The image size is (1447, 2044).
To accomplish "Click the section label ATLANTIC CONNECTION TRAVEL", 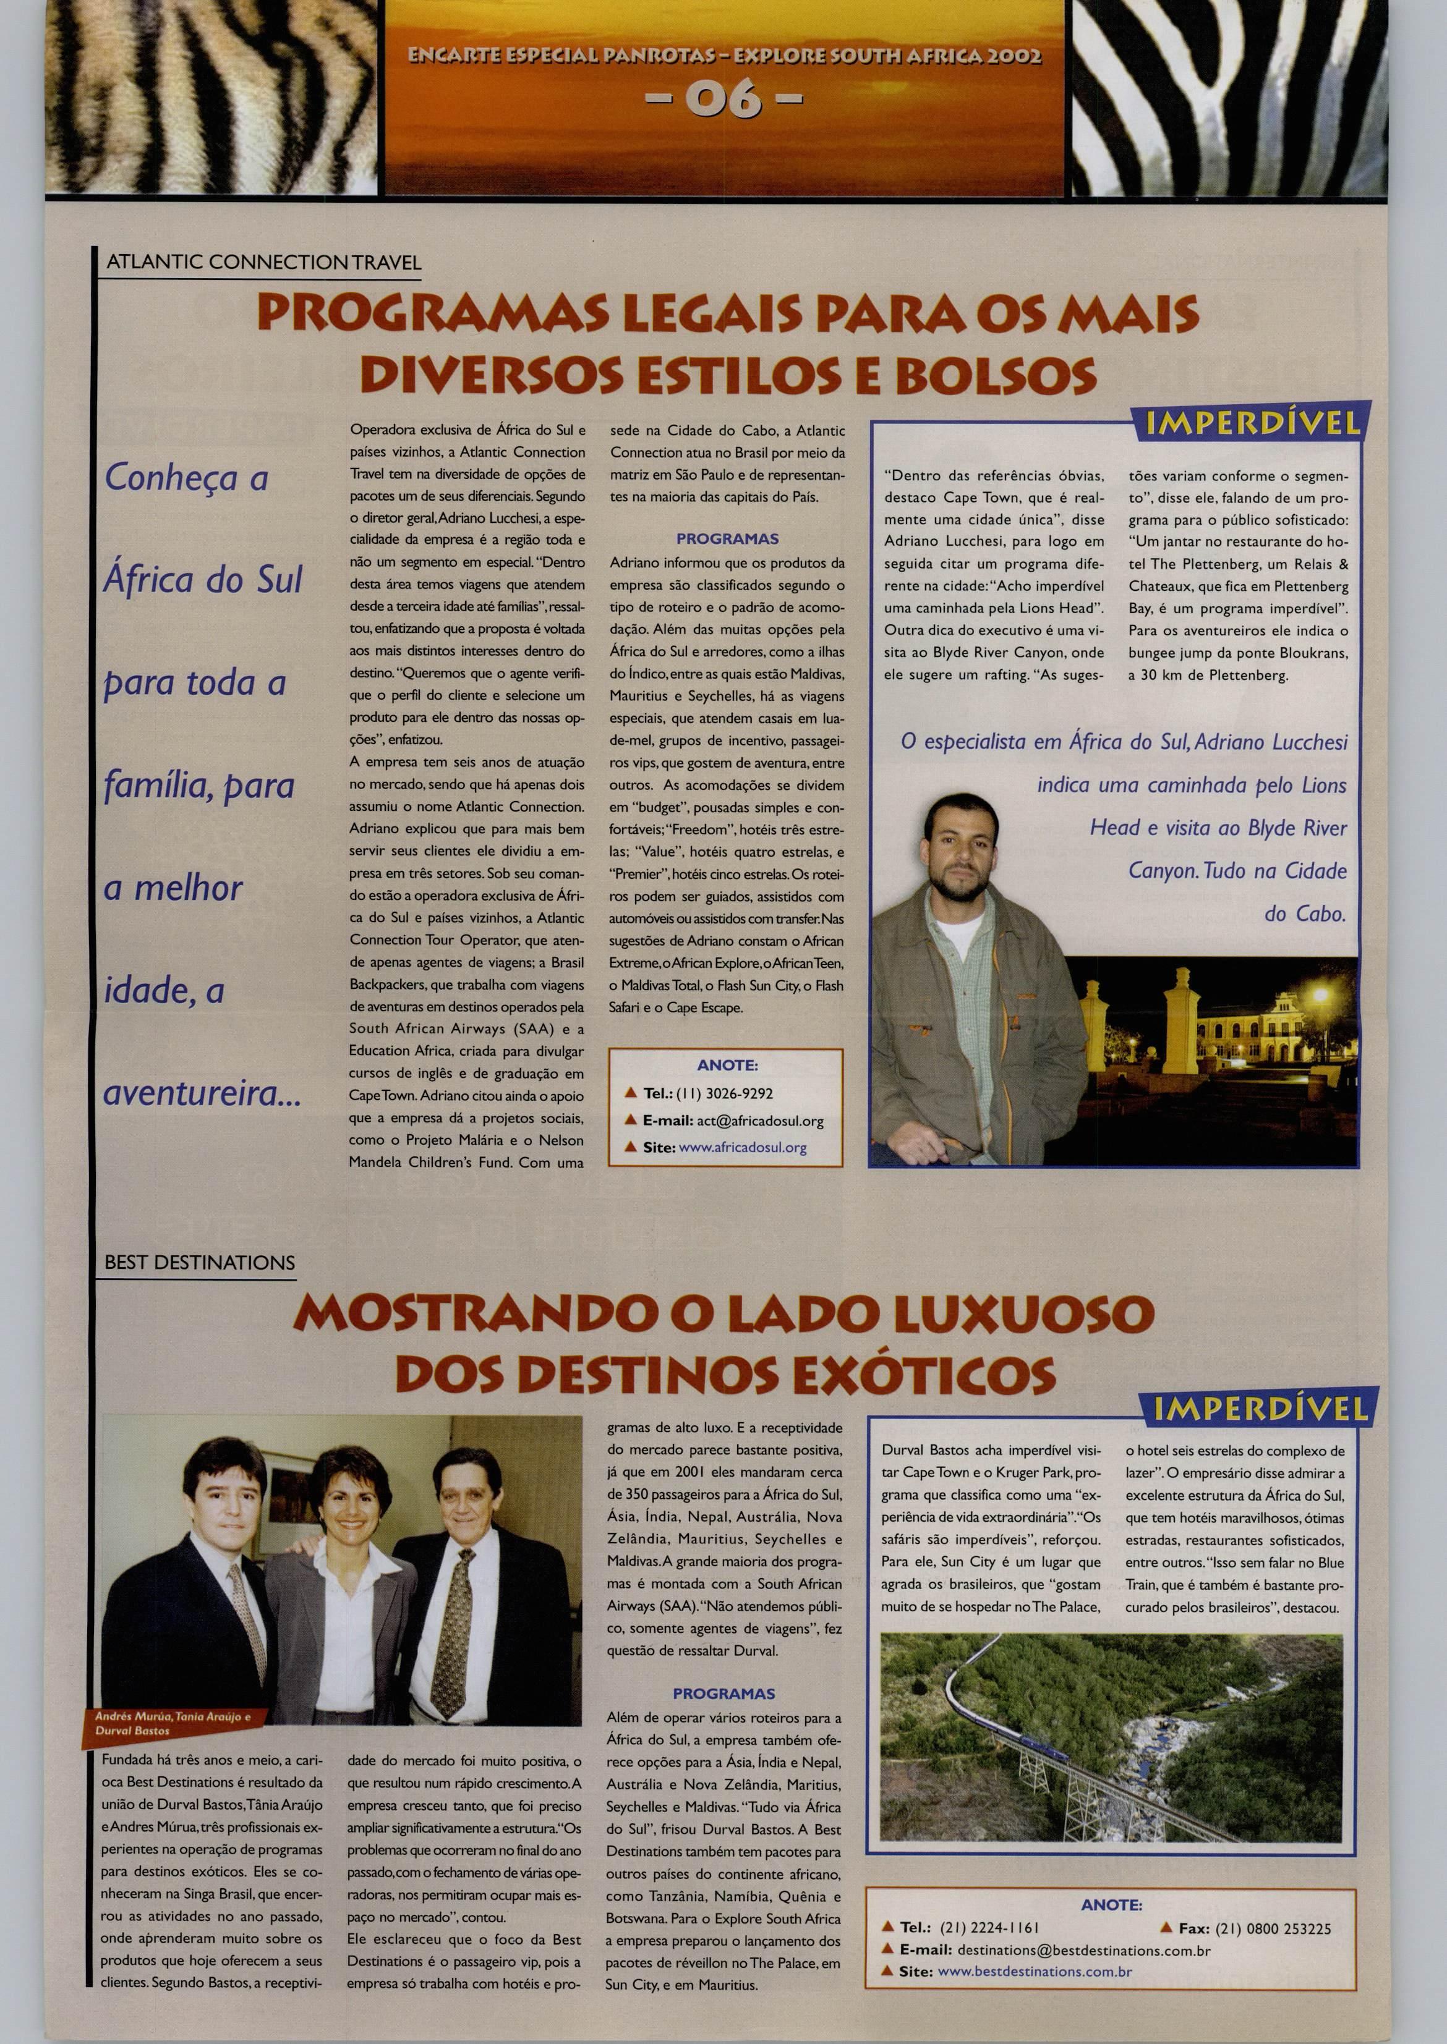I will tap(263, 263).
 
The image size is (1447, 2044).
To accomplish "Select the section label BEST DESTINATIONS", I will tap(200, 1262).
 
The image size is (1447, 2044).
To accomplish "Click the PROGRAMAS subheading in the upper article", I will tap(727, 539).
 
